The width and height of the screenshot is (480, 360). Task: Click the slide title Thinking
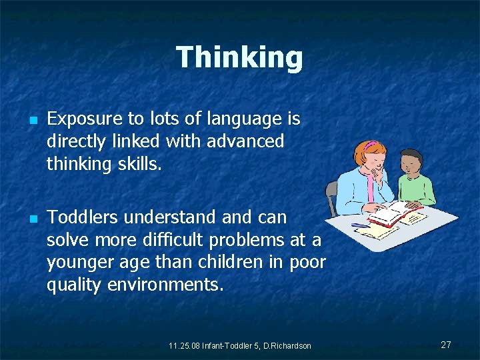click(239, 57)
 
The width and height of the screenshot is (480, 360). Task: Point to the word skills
click(139, 163)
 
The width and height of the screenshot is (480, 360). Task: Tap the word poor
click(307, 261)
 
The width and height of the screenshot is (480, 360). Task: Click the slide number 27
click(446, 345)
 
